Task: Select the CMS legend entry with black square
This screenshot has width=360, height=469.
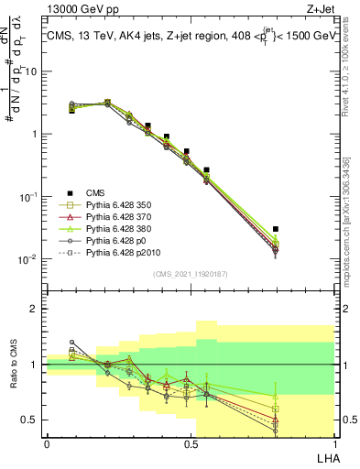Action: (x=96, y=192)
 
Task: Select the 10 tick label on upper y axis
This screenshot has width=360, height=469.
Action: (x=34, y=71)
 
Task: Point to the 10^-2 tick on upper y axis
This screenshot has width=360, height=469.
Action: (x=30, y=259)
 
